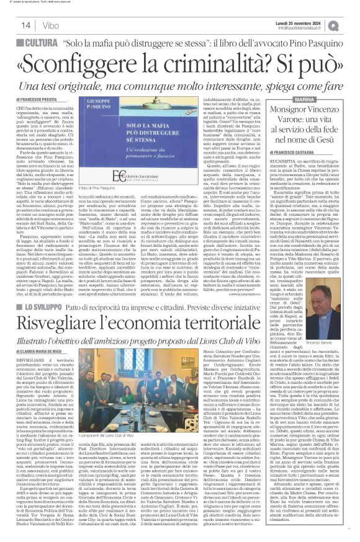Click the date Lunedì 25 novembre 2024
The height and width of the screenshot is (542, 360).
click(x=307, y=21)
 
